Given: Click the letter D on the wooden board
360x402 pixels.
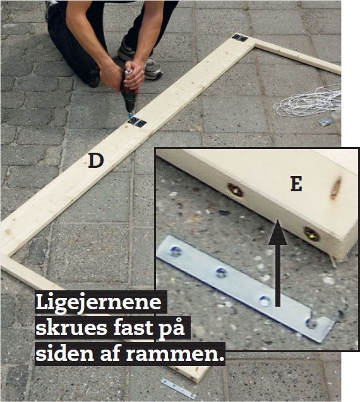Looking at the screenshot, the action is [96, 161].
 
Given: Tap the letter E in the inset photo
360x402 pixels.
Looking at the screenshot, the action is [296, 184].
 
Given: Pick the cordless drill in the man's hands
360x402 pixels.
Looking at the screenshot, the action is [129, 96].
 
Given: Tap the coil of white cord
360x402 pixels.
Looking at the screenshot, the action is [308, 101].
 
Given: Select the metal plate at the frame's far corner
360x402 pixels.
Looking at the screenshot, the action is [240, 38].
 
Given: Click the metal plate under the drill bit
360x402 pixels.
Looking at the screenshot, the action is [137, 122].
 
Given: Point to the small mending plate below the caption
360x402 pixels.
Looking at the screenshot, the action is [178, 388].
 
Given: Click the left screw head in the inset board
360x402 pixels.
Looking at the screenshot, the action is [236, 190].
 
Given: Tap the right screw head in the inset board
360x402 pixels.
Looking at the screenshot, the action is [312, 234].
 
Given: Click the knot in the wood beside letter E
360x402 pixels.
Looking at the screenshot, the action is [335, 188].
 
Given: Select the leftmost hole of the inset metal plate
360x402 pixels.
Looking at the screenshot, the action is [176, 252].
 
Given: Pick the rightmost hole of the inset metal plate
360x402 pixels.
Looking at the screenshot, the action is [311, 324].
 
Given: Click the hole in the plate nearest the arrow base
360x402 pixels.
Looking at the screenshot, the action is [265, 301].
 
